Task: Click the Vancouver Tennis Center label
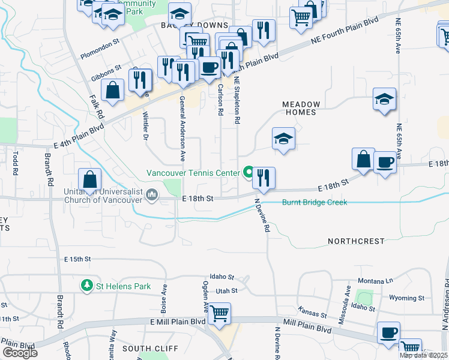[193, 173]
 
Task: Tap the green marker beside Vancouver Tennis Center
[247, 173]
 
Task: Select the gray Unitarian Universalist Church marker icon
[153, 194]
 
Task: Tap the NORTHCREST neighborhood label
[356, 241]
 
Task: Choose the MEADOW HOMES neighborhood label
[310, 109]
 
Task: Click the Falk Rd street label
[97, 107]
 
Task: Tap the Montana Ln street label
[375, 281]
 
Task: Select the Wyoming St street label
[406, 298]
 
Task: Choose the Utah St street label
[227, 290]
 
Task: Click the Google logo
[20, 353]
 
